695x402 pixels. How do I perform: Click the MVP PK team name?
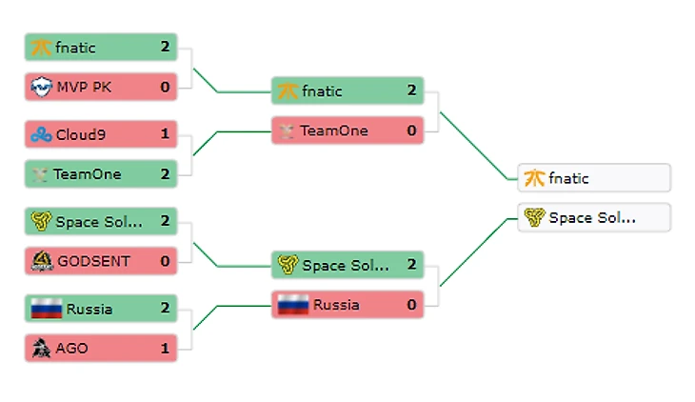click(83, 88)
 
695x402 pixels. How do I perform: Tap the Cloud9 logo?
click(41, 134)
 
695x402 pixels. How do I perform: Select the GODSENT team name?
click(93, 261)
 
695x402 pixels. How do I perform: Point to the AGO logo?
click(41, 348)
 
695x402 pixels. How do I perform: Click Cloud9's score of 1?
click(165, 134)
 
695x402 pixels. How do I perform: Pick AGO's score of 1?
click(165, 348)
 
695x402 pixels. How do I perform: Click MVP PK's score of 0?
click(165, 88)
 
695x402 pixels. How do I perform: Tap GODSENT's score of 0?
click(165, 261)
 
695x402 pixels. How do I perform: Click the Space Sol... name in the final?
click(592, 218)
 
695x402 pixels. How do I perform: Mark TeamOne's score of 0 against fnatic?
click(411, 131)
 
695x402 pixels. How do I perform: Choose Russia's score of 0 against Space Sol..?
click(411, 305)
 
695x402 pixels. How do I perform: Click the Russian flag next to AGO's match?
click(46, 309)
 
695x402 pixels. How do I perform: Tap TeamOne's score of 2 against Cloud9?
click(165, 173)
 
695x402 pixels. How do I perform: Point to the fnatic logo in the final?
click(535, 178)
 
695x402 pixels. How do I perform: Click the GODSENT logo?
click(41, 261)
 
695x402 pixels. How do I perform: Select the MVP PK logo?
click(41, 88)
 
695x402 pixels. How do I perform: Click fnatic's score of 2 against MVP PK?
click(165, 47)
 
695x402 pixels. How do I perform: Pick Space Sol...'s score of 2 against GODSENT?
click(165, 222)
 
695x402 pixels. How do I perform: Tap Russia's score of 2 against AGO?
click(165, 309)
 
